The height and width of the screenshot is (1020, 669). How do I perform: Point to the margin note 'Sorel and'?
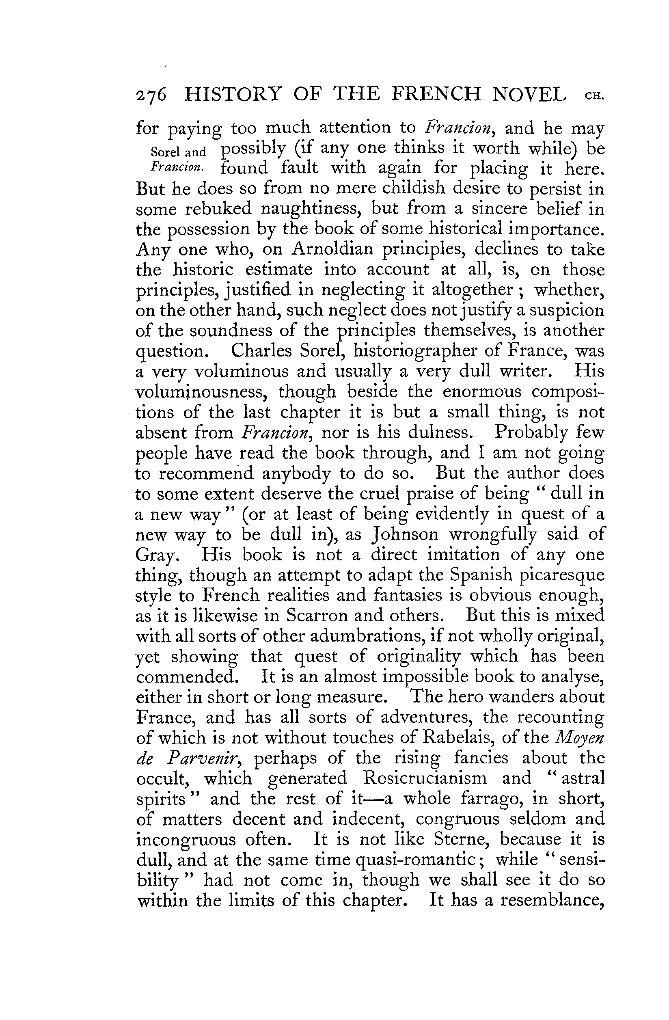178,152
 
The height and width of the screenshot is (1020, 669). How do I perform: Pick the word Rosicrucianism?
424,778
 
